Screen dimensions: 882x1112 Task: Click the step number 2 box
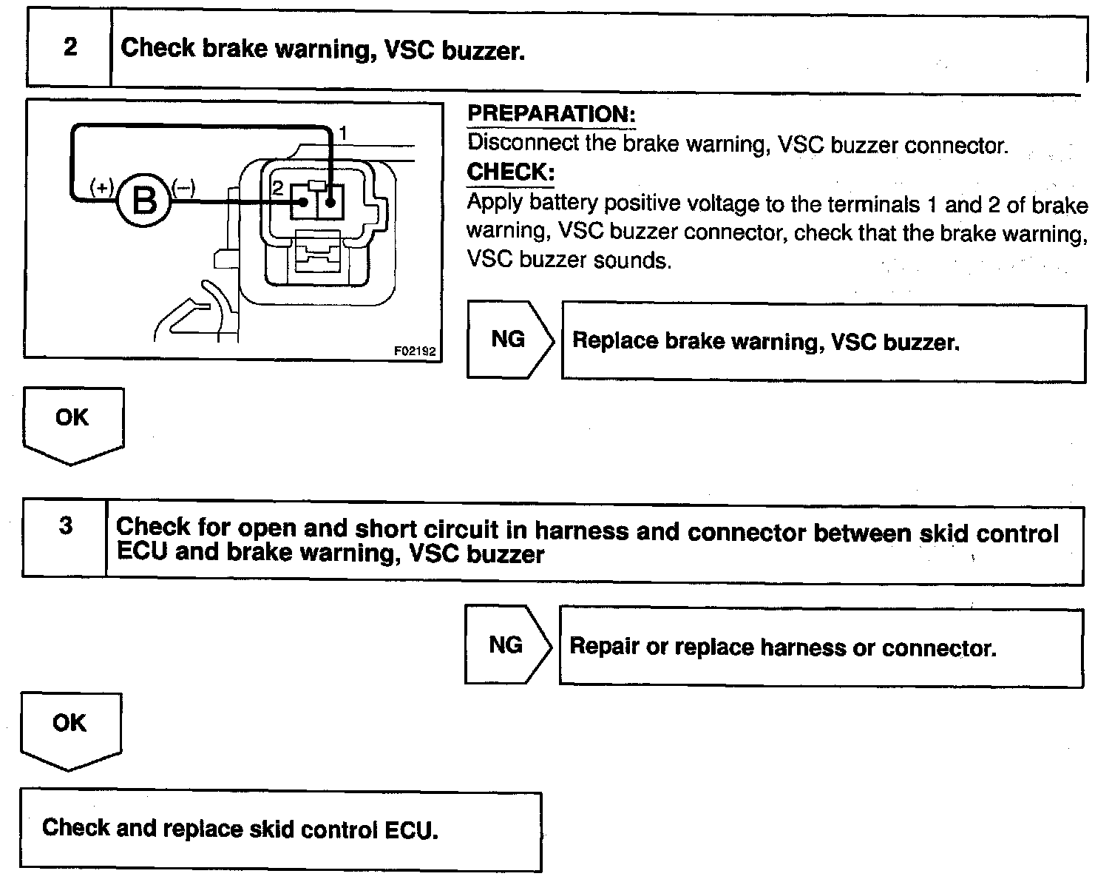tap(69, 48)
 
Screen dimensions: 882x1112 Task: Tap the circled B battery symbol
tap(143, 199)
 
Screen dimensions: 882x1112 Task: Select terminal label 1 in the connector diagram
tap(342, 134)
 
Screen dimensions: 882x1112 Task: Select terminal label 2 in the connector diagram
tap(278, 188)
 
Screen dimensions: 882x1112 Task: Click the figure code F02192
tap(415, 351)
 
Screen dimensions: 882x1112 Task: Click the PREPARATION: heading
tap(552, 115)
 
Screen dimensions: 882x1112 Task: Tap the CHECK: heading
tap(511, 172)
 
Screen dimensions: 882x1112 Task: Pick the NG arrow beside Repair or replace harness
tap(506, 645)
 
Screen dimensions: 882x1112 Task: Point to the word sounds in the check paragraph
tap(635, 261)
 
